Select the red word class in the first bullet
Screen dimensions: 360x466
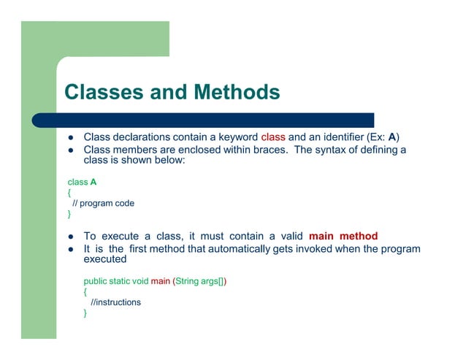click(273, 137)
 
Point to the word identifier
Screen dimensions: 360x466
click(336, 137)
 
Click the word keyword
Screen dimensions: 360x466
click(233, 137)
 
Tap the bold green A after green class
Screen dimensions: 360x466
click(93, 182)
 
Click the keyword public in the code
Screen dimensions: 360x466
click(96, 281)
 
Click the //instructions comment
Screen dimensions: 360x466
click(115, 302)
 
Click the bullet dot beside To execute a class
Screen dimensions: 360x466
click(72, 237)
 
